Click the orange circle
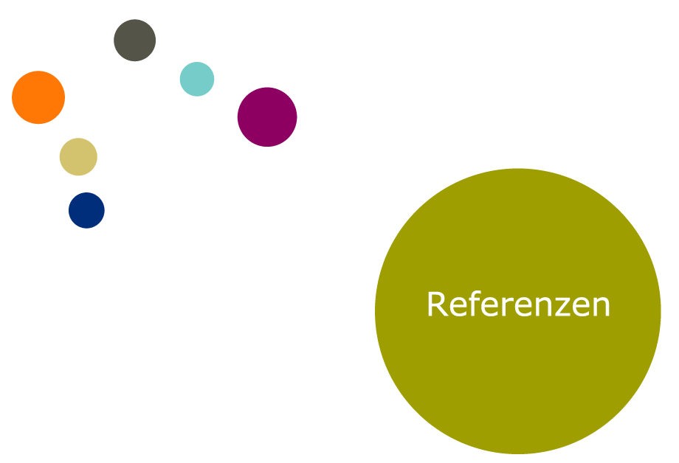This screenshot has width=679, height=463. tap(38, 97)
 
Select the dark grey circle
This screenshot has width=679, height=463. tap(134, 40)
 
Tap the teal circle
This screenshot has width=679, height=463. tap(197, 79)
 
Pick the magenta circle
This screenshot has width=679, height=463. tap(267, 116)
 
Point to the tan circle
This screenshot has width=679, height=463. tap(78, 156)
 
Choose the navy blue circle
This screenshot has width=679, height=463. tap(86, 210)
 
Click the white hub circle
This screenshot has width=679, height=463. tap(139, 133)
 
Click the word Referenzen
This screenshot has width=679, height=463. tap(518, 304)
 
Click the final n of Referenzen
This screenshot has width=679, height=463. tap(602, 307)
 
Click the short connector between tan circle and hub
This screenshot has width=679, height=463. tap(100, 149)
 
